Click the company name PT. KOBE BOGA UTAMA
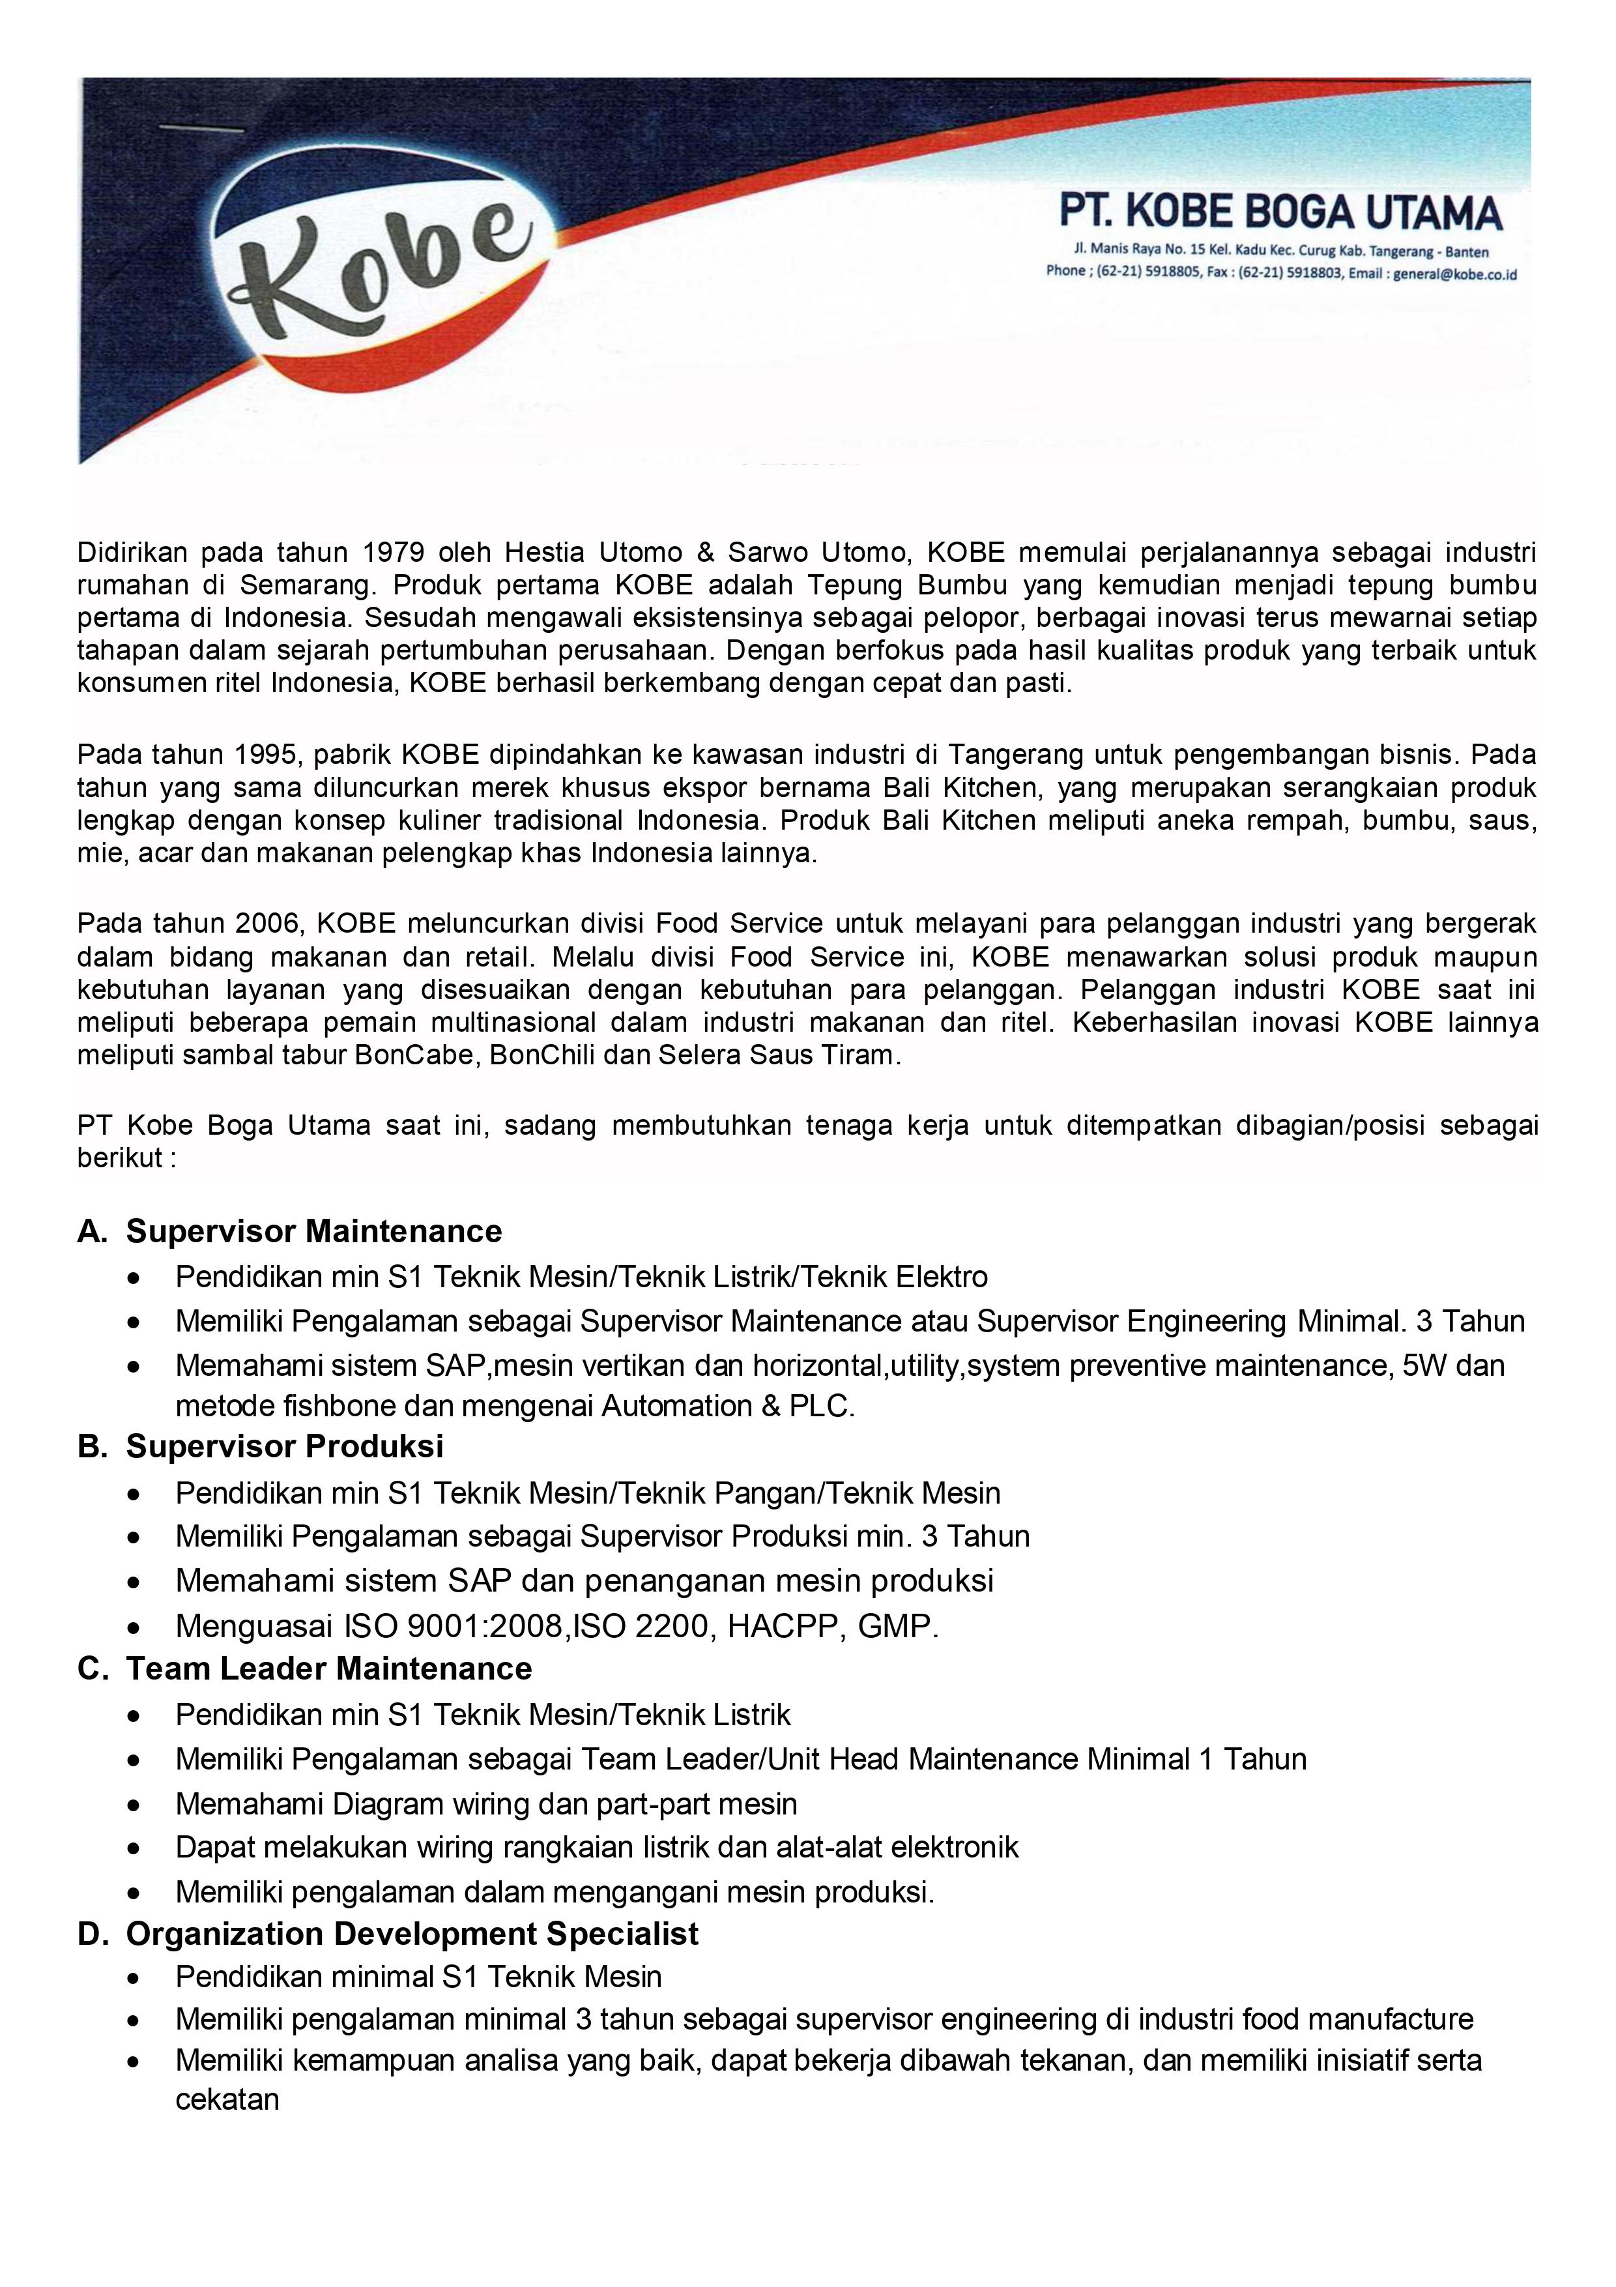[1280, 212]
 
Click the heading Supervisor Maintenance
[313, 1231]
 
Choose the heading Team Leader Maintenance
[328, 1668]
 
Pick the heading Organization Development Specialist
[412, 1933]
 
